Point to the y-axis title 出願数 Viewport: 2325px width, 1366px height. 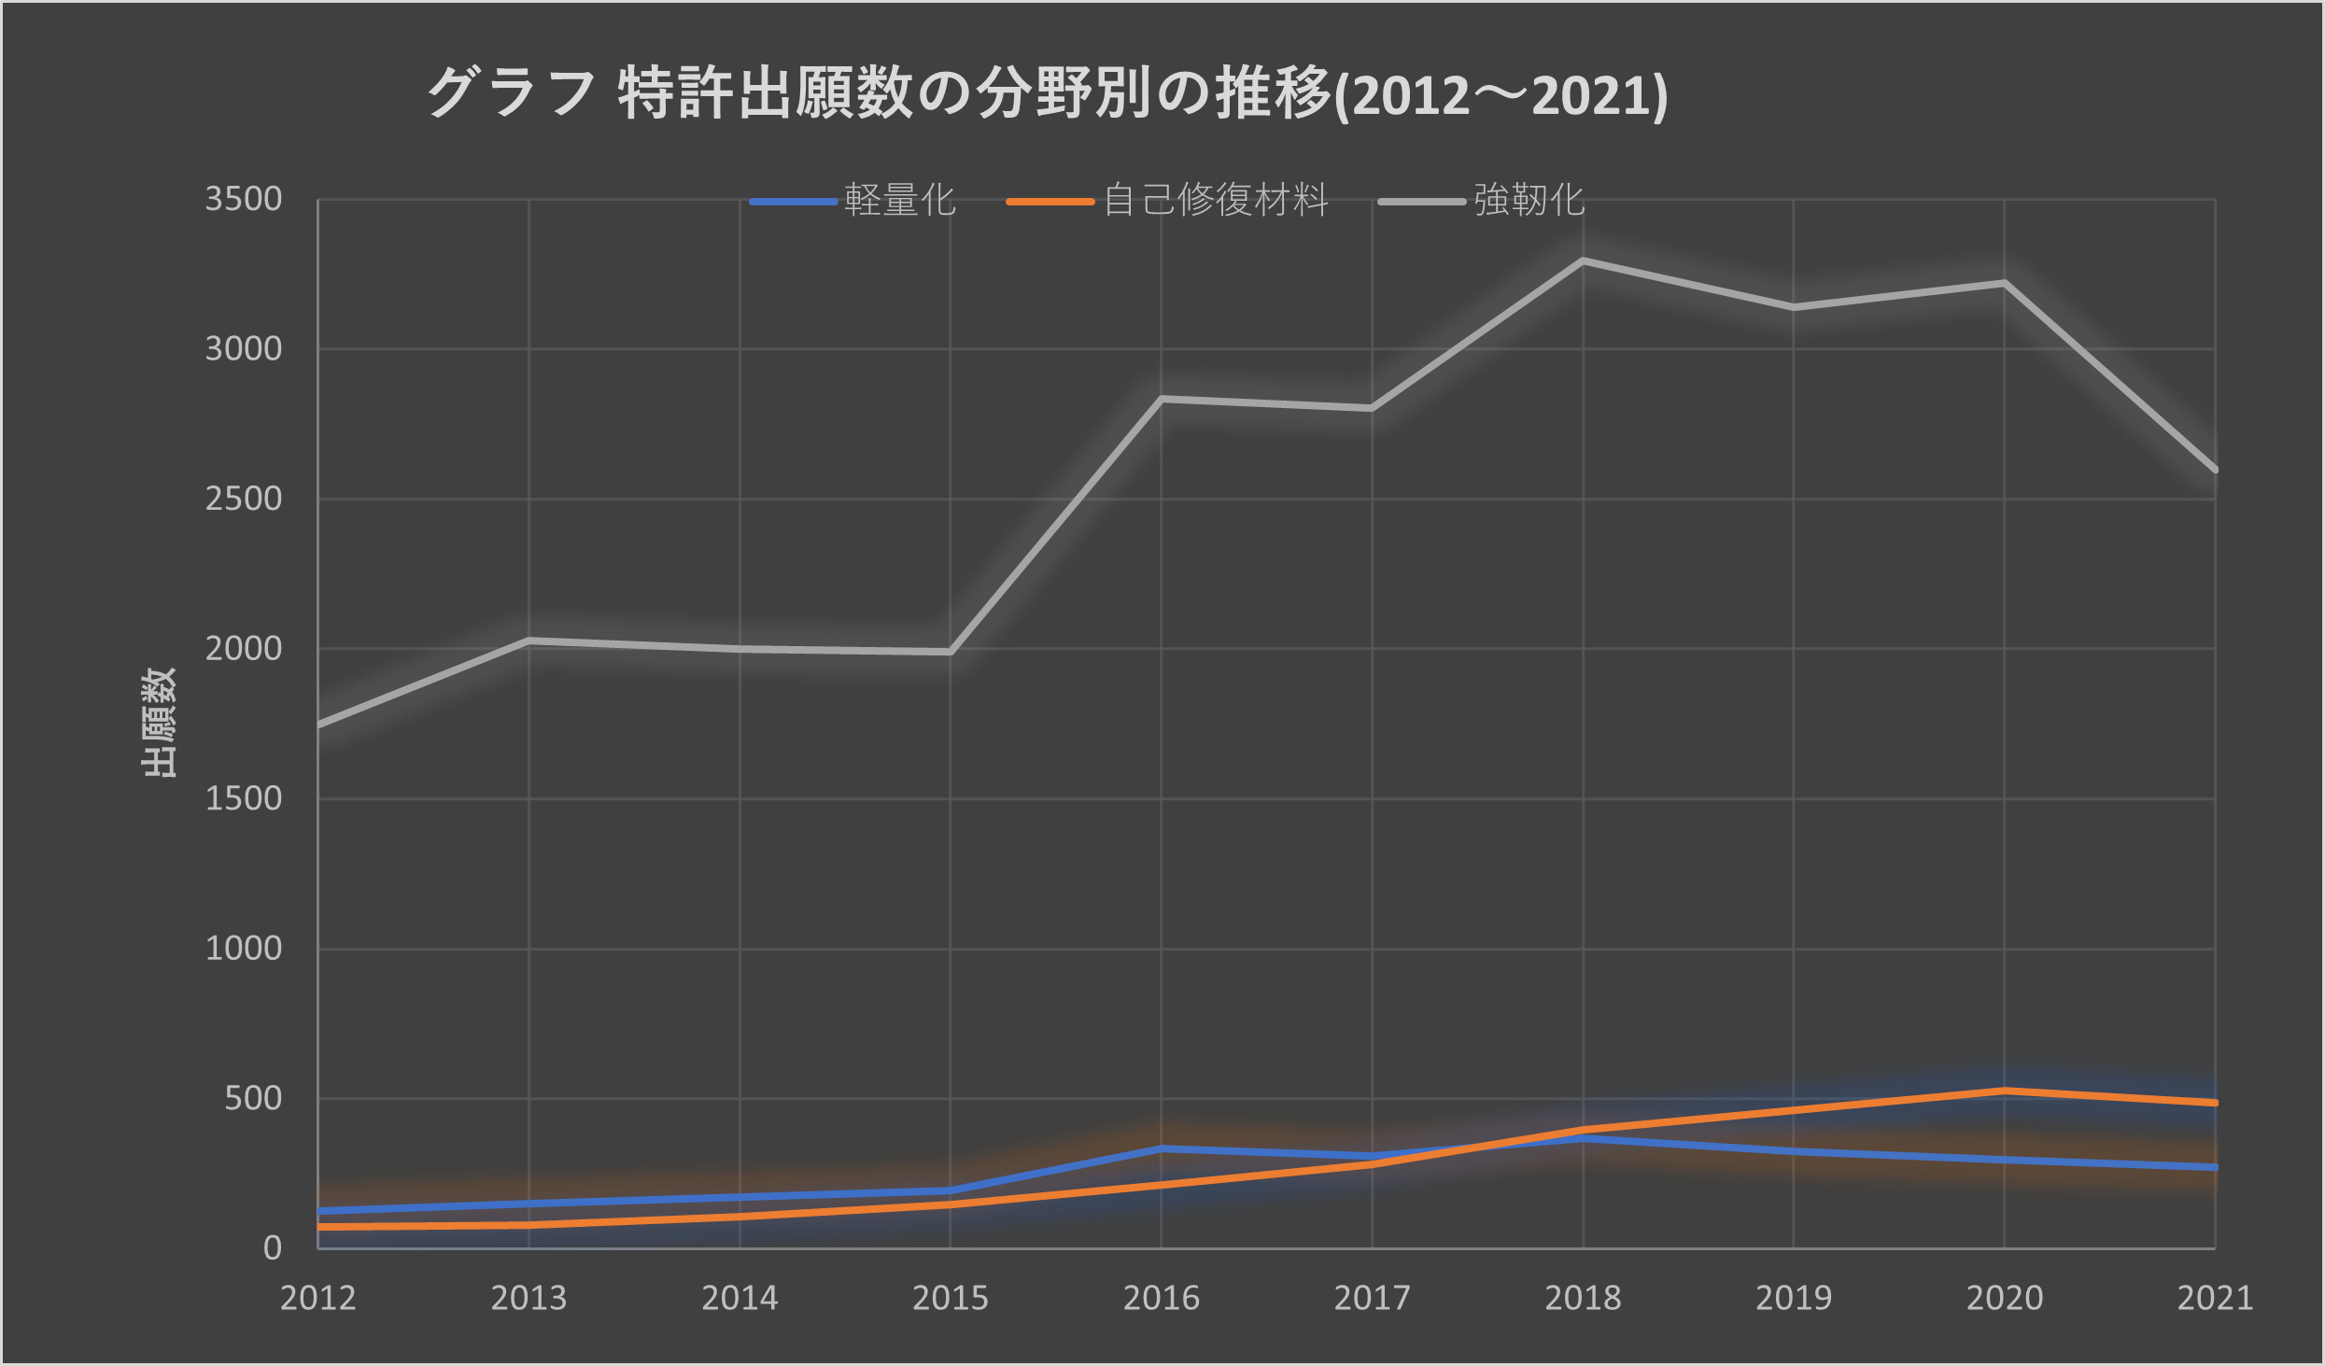tap(159, 722)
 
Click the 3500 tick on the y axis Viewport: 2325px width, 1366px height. tap(244, 199)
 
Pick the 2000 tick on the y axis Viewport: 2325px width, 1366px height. tap(244, 648)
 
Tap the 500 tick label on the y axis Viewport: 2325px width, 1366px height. tap(253, 1098)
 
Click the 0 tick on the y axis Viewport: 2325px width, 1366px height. tap(272, 1247)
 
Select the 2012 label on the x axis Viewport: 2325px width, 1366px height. tap(318, 1298)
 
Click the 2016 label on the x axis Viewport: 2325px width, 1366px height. tap(1161, 1298)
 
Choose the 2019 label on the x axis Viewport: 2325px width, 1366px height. tap(1794, 1298)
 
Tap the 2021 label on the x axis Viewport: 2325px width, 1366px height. tap(2215, 1298)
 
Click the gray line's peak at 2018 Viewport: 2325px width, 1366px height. tap(1583, 261)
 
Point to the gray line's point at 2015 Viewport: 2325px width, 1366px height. tap(950, 652)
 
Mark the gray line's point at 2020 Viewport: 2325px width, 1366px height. tap(2005, 283)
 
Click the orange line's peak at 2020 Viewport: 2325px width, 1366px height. tap(2005, 1090)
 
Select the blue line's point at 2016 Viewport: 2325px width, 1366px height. tap(1161, 1148)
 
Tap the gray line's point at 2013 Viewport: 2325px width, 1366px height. tap(528, 641)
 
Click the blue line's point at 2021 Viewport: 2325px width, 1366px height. tap(2215, 1167)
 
